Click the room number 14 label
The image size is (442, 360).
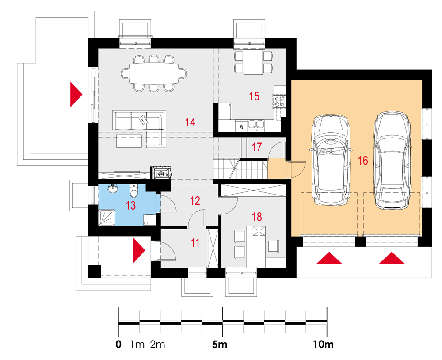[x=190, y=122]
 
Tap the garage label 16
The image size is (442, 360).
[x=362, y=161]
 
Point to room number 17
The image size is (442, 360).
[x=257, y=147]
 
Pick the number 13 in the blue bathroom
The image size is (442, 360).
[x=131, y=206]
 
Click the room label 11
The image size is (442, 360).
[x=195, y=242]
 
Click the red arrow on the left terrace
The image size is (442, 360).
[x=76, y=94]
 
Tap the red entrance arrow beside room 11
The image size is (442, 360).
[x=138, y=250]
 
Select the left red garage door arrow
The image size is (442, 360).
[x=329, y=258]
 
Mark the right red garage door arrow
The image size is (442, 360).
[x=392, y=258]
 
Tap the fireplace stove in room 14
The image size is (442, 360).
[x=162, y=172]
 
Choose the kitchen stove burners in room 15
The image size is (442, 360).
[x=279, y=102]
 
